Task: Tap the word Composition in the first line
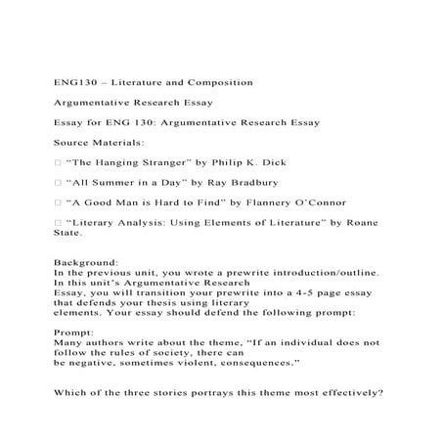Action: [218, 81]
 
